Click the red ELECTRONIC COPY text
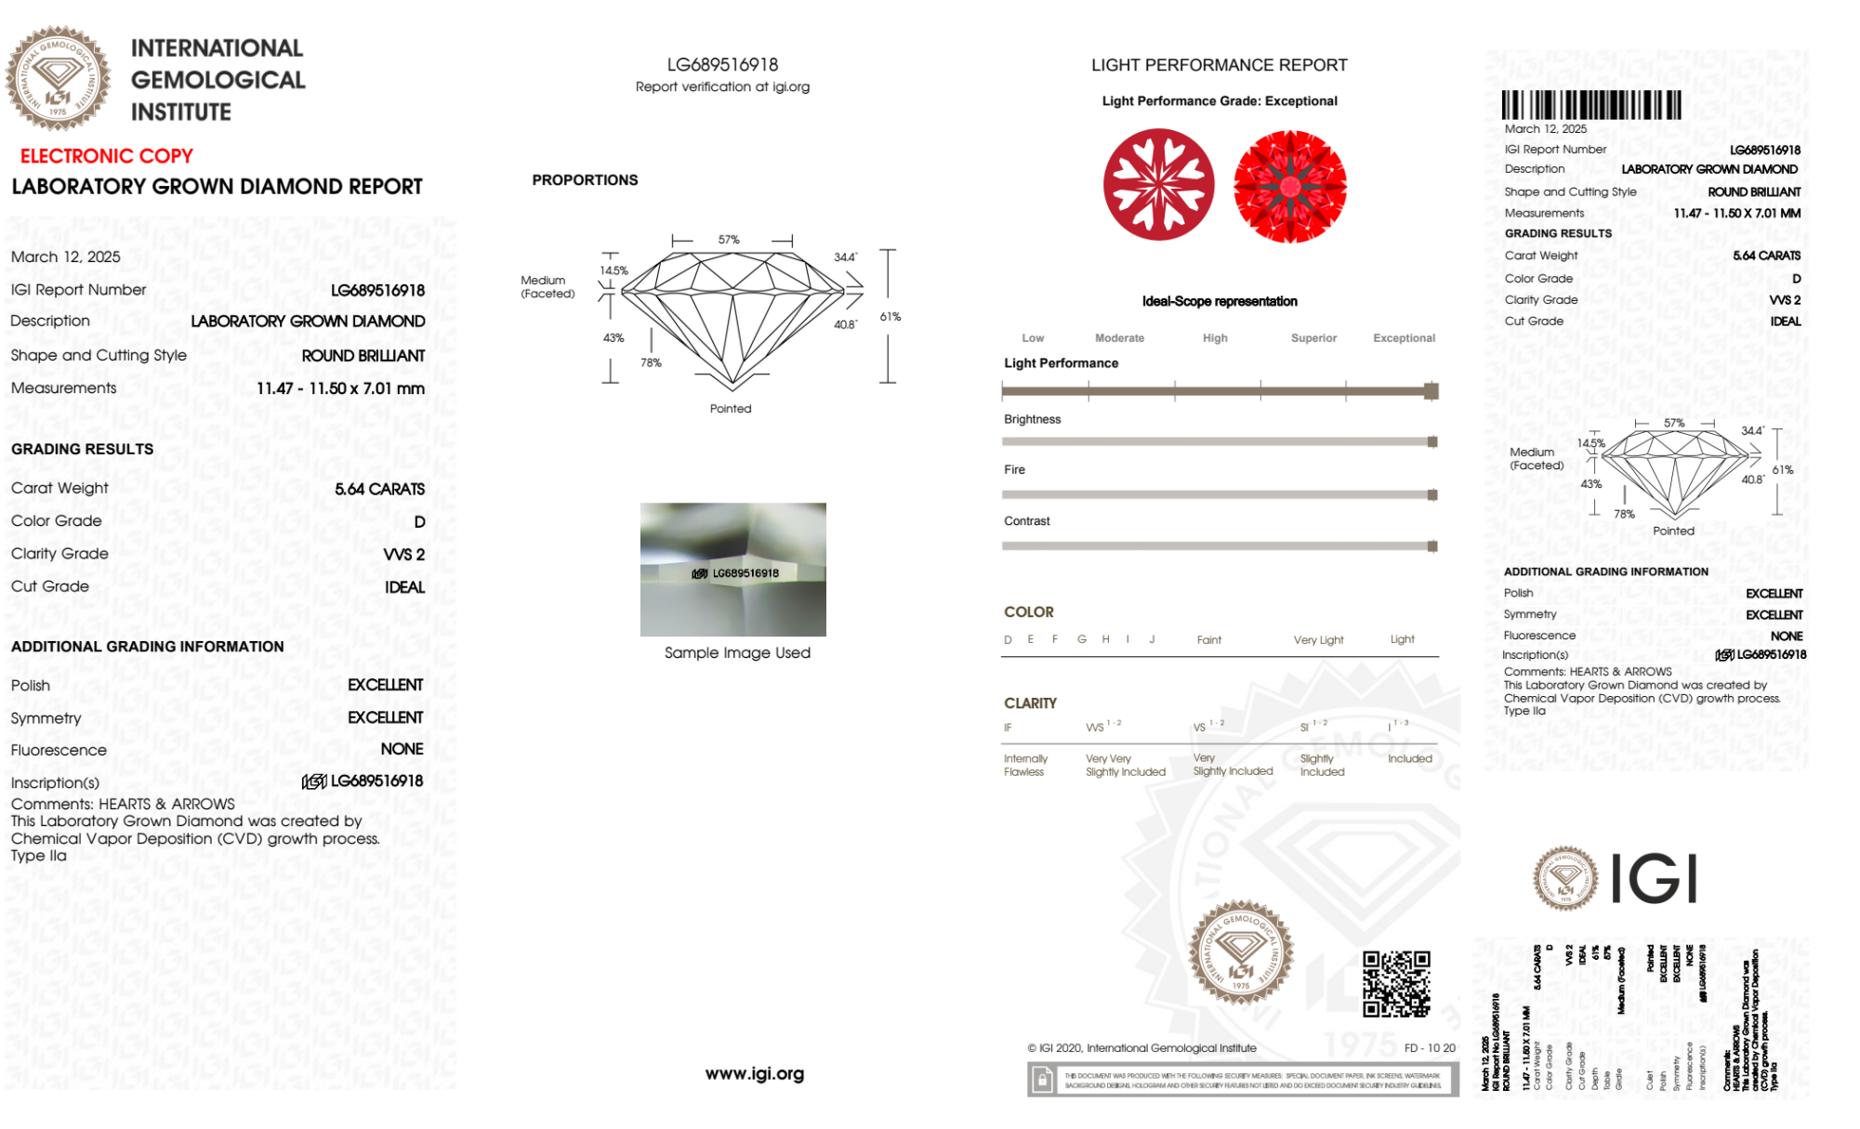107,156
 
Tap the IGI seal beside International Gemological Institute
58,78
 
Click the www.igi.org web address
754,1074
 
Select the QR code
1396,983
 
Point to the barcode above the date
1590,105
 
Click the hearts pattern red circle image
1158,184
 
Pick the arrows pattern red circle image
1289,186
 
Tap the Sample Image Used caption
737,652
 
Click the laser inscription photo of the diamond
732,570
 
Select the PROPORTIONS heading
585,180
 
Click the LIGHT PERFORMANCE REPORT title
1219,65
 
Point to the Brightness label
1032,419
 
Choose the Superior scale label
1313,338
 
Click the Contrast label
1026,521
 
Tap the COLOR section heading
1028,612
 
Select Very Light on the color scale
1318,640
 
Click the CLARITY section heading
1030,703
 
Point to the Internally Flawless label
1024,766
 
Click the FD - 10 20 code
1430,1048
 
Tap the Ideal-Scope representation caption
1219,301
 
